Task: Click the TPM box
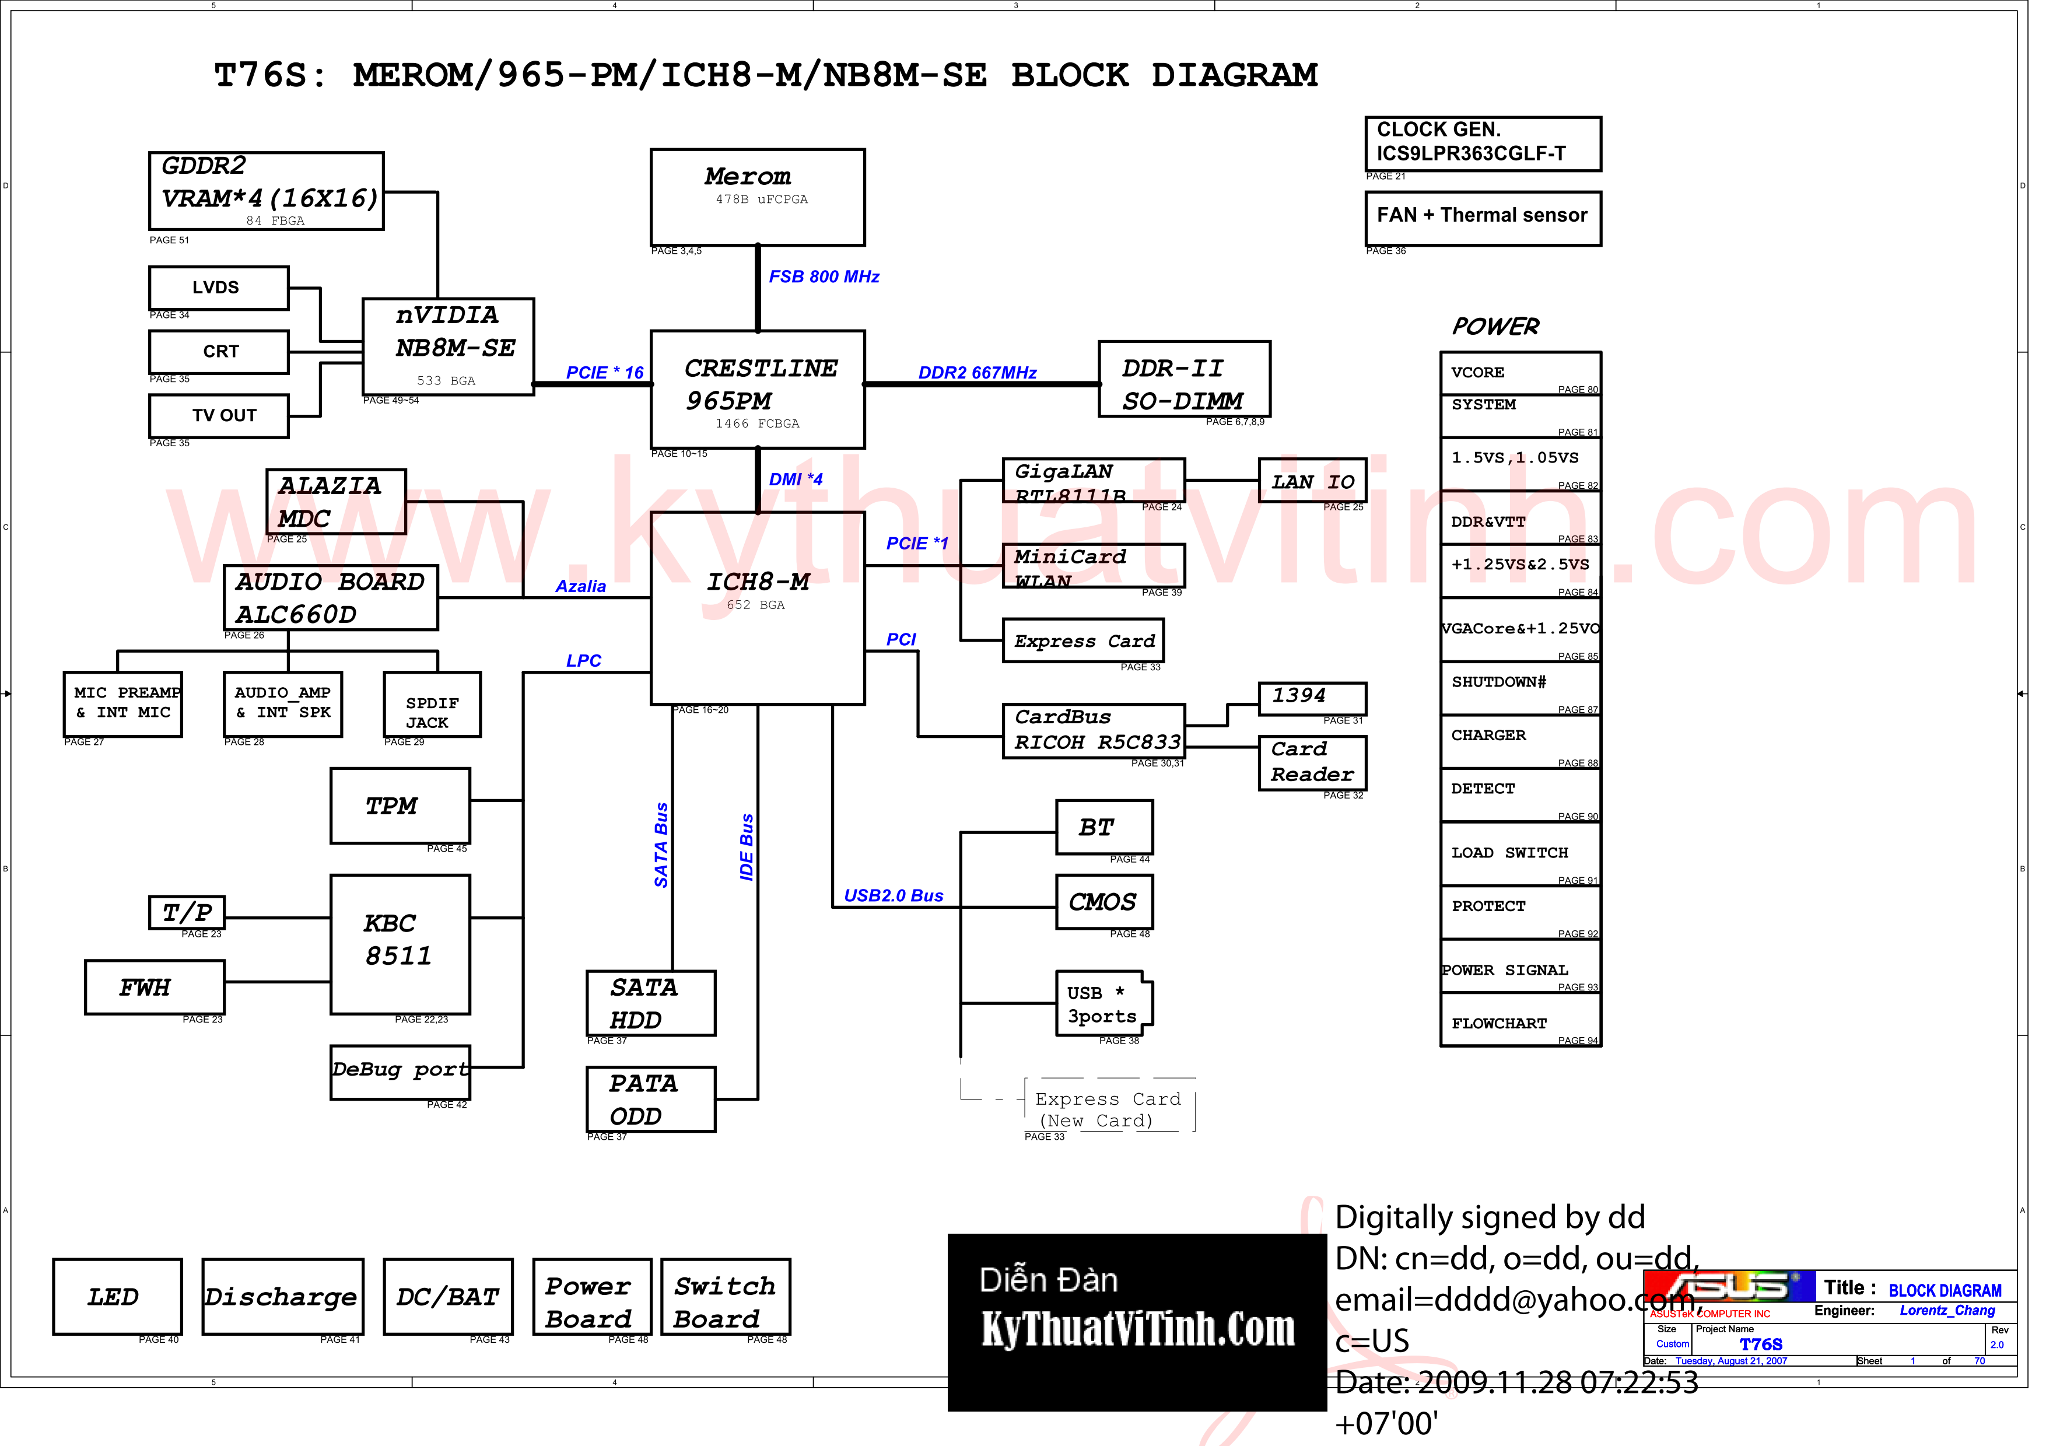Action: coord(400,806)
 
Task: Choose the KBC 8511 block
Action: coord(400,944)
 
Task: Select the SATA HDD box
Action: coord(650,1003)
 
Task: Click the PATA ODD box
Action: coord(650,1100)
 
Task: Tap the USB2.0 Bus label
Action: coord(893,895)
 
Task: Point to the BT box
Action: coord(1103,827)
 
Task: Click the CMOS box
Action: coord(1103,902)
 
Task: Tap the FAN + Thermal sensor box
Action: coord(1482,218)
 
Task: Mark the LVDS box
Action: coord(218,288)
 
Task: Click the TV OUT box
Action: coord(218,416)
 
